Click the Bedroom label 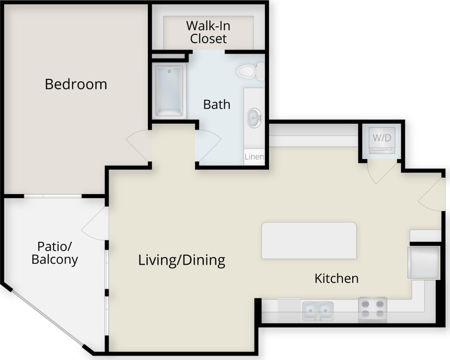pyautogui.click(x=76, y=84)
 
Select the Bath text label pyautogui.click(x=217, y=104)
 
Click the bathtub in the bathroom pyautogui.click(x=169, y=90)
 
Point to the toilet pyautogui.click(x=250, y=72)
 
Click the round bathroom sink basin pyautogui.click(x=255, y=118)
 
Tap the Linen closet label pyautogui.click(x=254, y=157)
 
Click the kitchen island pyautogui.click(x=309, y=240)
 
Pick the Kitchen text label pyautogui.click(x=336, y=278)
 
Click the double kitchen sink pyautogui.click(x=318, y=311)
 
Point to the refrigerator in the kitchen pyautogui.click(x=423, y=262)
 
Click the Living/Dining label pyautogui.click(x=182, y=260)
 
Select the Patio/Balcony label pyautogui.click(x=55, y=252)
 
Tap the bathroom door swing pyautogui.click(x=208, y=144)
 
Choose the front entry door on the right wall pyautogui.click(x=431, y=196)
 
